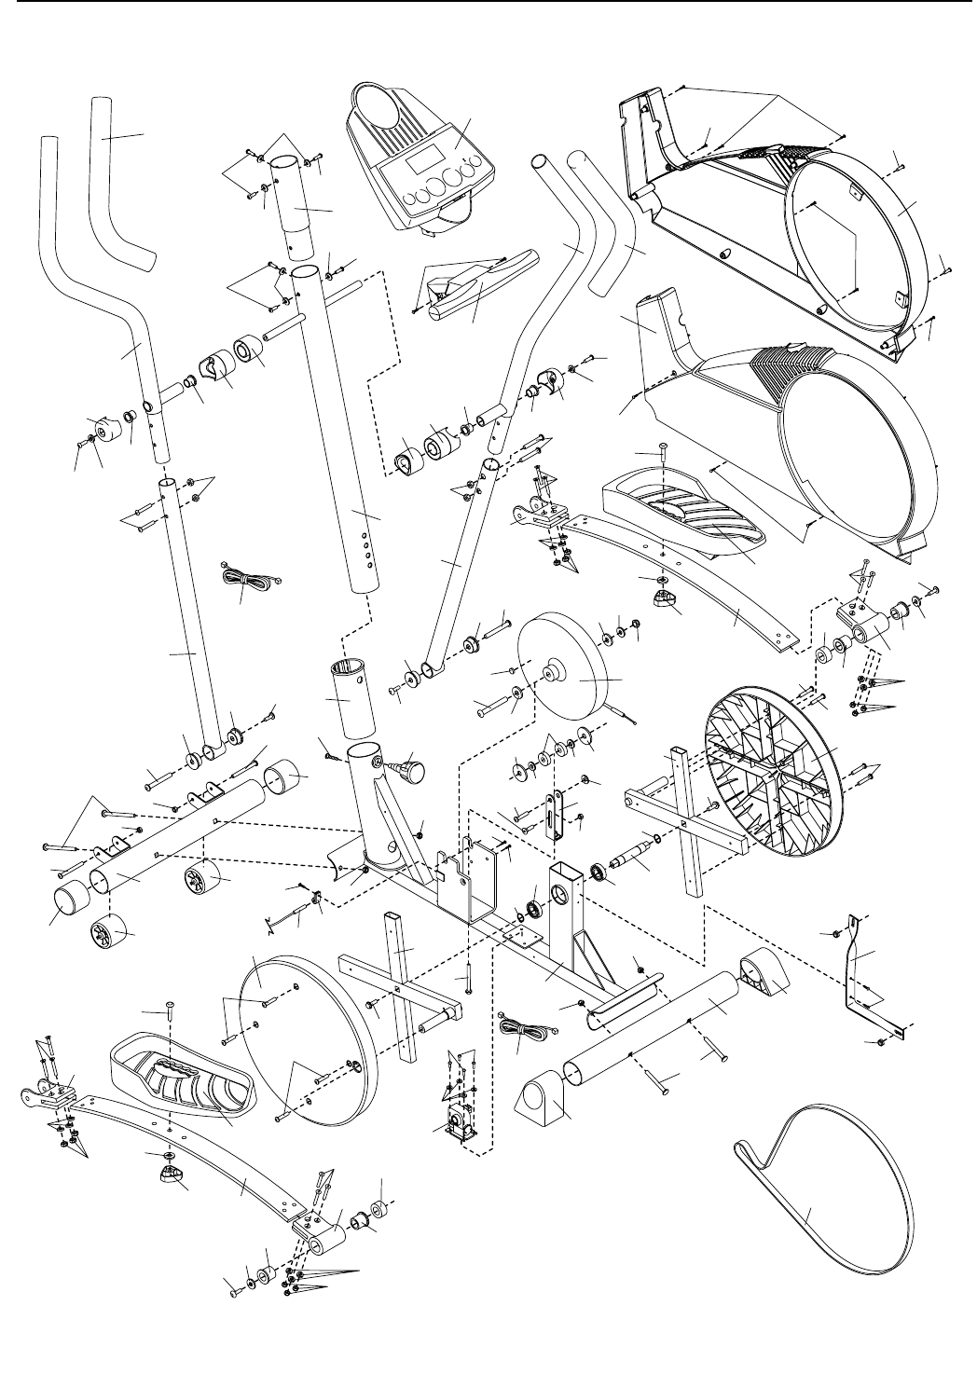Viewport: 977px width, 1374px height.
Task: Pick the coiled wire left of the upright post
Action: (245, 581)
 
